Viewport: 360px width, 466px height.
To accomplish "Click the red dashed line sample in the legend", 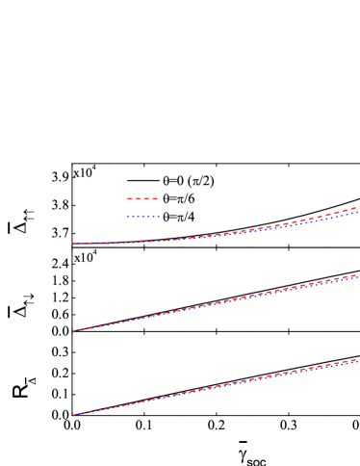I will click(142, 198).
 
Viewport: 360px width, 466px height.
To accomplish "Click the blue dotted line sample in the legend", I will click(142, 217).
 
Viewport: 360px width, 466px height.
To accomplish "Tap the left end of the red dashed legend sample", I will click(127, 198).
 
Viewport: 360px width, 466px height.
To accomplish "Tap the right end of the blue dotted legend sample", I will click(159, 217).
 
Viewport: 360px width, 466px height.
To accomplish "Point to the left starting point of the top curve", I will click(72, 244).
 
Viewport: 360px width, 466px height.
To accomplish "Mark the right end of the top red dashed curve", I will click(358, 207).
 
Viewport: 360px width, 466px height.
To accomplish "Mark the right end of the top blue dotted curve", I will click(358, 212).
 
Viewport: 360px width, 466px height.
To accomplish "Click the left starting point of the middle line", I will click(72, 331).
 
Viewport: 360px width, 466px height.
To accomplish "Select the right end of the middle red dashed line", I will click(358, 274).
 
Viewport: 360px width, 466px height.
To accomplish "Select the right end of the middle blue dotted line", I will click(358, 277).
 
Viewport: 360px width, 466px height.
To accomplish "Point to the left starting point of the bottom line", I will click(72, 415).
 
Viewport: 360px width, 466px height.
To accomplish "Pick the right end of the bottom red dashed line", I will click(358, 359).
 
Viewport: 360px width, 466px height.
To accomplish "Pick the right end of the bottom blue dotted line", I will click(358, 362).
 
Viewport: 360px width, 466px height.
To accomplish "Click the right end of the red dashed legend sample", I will click(159, 198).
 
